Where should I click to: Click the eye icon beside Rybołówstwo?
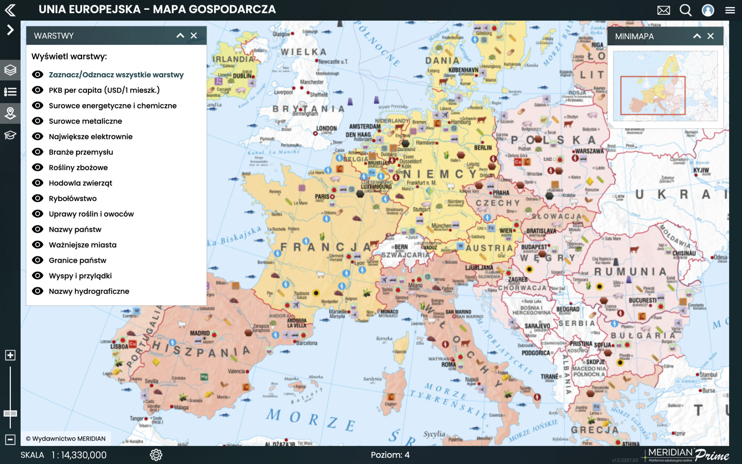pyautogui.click(x=37, y=198)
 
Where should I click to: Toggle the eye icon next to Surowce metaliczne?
pyautogui.click(x=37, y=121)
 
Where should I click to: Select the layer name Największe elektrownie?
pyautogui.click(x=91, y=137)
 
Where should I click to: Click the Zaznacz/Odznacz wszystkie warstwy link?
pyautogui.click(x=116, y=75)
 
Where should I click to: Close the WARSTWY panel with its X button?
pyautogui.click(x=194, y=36)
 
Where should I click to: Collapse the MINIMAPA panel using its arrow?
pyautogui.click(x=697, y=36)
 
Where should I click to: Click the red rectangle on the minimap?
pyautogui.click(x=652, y=96)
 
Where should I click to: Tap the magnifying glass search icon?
pyautogui.click(x=685, y=10)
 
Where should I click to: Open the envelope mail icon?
pyautogui.click(x=663, y=10)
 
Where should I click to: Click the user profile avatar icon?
pyautogui.click(x=708, y=10)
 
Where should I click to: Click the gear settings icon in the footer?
pyautogui.click(x=156, y=455)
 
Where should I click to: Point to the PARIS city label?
pyautogui.click(x=322, y=197)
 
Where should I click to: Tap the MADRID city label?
pyautogui.click(x=200, y=333)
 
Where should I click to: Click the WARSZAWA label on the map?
pyautogui.click(x=589, y=151)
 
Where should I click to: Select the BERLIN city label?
pyautogui.click(x=483, y=148)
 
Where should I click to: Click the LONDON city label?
pyautogui.click(x=326, y=128)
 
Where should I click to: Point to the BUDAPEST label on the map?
pyautogui.click(x=534, y=247)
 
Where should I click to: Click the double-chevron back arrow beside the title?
pyautogui.click(x=10, y=10)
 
